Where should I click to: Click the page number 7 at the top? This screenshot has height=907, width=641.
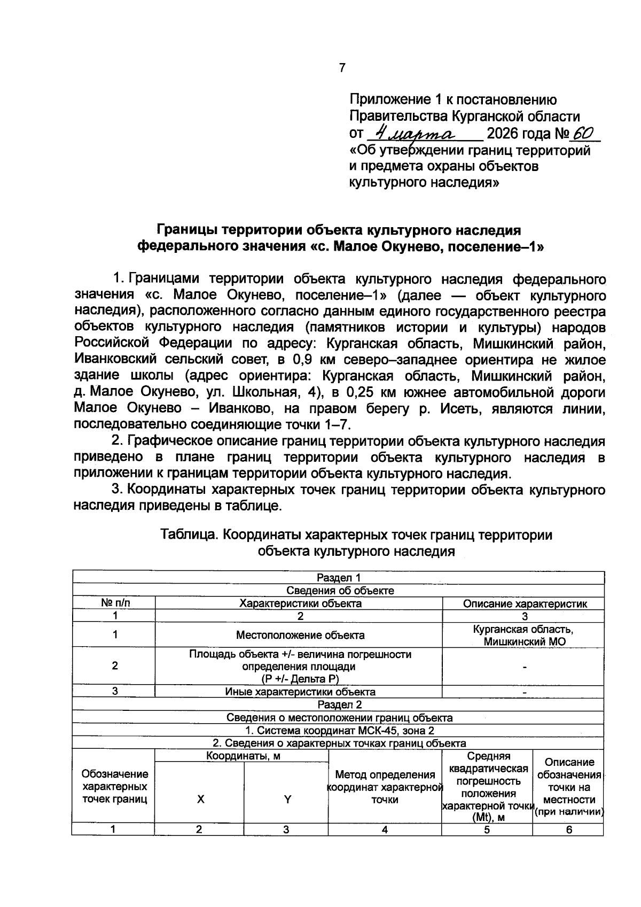click(342, 68)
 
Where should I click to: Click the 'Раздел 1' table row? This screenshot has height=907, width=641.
click(339, 578)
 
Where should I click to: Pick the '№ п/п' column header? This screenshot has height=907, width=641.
click(115, 603)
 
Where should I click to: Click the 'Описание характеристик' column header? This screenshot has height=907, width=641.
click(525, 604)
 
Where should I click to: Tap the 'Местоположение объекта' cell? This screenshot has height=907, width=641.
click(300, 635)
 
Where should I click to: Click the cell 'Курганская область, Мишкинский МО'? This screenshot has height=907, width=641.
click(523, 635)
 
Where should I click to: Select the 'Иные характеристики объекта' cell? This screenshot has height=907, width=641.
click(300, 692)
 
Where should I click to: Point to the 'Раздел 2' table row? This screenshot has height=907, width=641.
click(339, 704)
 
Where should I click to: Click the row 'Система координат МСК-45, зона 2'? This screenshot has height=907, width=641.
click(339, 731)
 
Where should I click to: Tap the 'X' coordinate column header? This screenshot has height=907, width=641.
click(200, 800)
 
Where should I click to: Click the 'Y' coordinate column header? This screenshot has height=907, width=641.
click(287, 800)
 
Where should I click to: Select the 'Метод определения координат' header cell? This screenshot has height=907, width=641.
click(385, 787)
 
